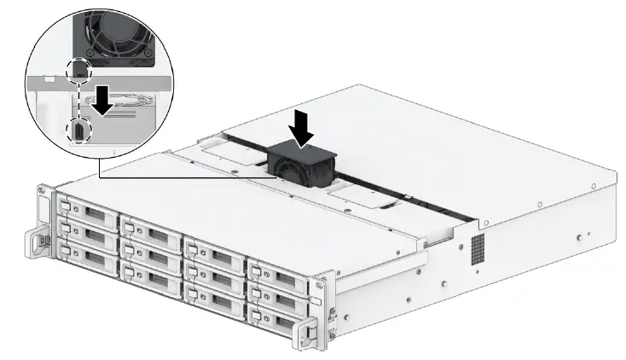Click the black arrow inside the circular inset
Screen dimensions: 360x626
(103, 99)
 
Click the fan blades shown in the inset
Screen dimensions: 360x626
(111, 34)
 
